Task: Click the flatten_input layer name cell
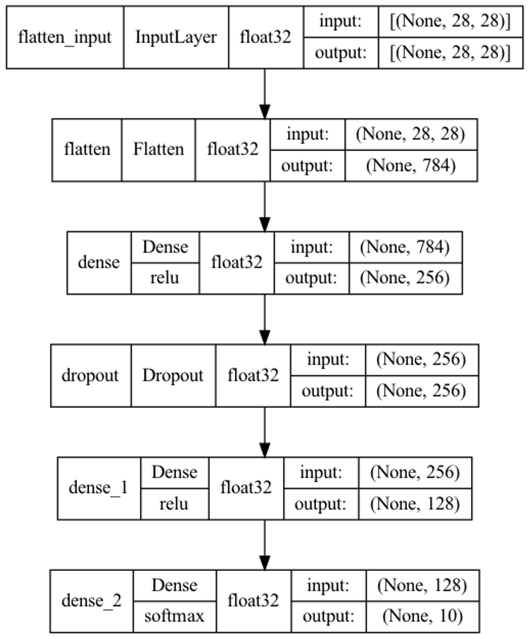[x=65, y=37]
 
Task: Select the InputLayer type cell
[x=176, y=37]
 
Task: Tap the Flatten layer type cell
[x=159, y=149]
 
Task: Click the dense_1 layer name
[x=98, y=487]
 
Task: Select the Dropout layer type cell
[x=173, y=375]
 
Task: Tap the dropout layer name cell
[x=90, y=375]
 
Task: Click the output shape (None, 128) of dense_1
[x=415, y=503]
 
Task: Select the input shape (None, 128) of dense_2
[x=422, y=585]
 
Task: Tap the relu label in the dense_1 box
[x=174, y=503]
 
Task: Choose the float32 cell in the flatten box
[x=233, y=149]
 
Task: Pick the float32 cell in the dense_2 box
[x=253, y=601]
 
